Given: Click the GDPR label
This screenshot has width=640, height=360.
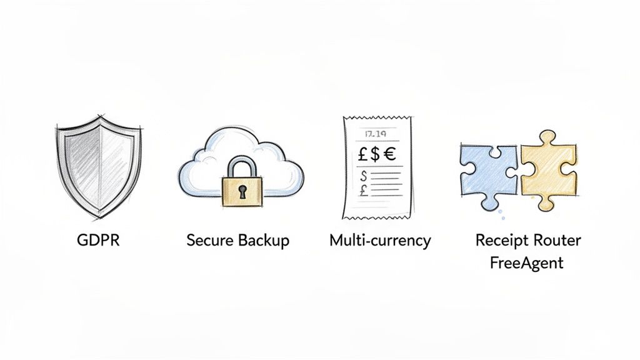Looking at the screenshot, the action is coord(98,240).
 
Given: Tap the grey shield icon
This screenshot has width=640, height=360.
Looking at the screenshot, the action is coord(99,167).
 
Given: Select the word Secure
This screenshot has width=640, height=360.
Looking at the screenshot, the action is coord(210,240).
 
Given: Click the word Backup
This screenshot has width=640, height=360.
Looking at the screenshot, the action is coord(264,241).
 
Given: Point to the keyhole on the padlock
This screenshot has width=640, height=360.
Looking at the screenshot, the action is coord(242,192).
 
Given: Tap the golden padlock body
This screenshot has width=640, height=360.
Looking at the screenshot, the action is coord(242,191).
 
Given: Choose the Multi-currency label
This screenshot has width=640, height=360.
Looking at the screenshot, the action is coord(380,241).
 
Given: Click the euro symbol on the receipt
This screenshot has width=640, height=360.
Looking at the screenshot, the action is coord(389,154).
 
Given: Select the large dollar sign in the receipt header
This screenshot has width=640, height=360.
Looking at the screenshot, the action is coord(375,154).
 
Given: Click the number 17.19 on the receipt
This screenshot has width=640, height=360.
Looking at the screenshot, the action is coord(376,133).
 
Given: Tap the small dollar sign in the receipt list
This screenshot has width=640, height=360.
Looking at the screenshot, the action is coord(364,176).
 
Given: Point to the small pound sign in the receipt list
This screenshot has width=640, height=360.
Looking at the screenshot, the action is coord(364,190).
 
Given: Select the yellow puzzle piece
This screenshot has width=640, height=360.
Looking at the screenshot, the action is coord(547,171).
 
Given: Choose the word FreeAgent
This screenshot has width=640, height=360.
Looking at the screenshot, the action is coord(526,262).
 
